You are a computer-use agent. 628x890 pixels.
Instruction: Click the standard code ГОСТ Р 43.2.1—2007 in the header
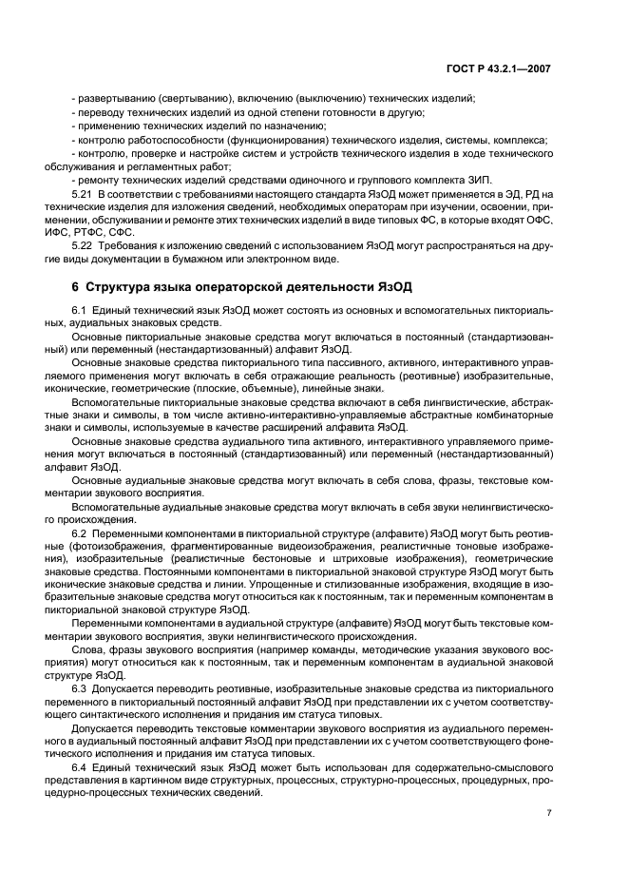511,68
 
